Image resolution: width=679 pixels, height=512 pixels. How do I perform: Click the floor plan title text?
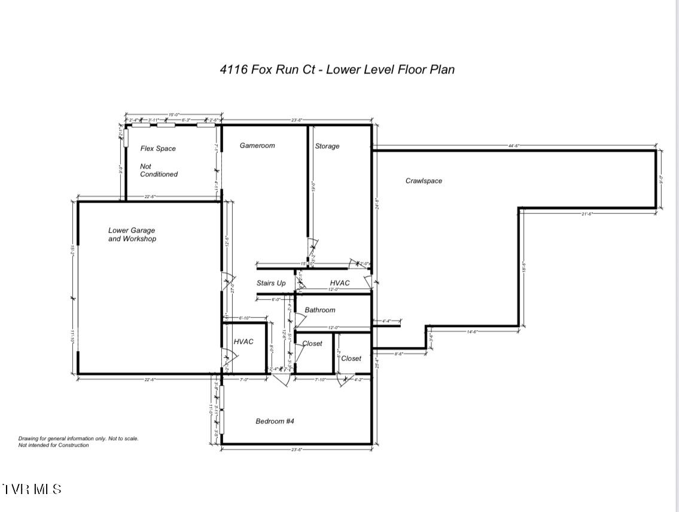point(337,69)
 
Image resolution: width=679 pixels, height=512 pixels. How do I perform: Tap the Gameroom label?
point(257,145)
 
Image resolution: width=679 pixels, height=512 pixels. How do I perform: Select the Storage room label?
point(327,146)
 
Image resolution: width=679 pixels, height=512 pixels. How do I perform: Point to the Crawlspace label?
point(424,181)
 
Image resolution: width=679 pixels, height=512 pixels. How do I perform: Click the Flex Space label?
point(158,148)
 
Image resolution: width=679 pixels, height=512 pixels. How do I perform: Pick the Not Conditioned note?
point(159,170)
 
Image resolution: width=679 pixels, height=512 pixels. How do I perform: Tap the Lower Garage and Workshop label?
point(132,234)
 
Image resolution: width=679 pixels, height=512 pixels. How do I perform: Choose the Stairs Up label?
point(271,283)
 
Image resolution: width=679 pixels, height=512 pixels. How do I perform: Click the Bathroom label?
point(320,310)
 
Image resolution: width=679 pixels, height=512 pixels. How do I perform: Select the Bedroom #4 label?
point(275,421)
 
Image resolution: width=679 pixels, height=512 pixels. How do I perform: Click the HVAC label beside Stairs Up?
point(340,283)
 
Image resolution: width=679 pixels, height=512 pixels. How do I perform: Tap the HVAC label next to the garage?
point(243,342)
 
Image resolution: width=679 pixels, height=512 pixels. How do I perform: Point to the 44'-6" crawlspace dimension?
point(513,145)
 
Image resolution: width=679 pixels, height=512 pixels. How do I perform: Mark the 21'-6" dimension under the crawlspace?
point(586,214)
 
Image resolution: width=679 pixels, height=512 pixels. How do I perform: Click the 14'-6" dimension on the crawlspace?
point(471,331)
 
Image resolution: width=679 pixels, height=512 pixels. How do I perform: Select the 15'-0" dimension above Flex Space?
point(173,114)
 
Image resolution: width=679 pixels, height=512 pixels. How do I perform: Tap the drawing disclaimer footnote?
point(78,442)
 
